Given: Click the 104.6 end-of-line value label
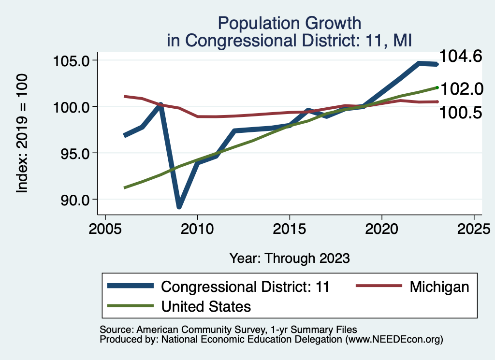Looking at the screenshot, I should pos(460,57).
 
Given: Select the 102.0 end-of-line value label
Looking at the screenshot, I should pos(461,89).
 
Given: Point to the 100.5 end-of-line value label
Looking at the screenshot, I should pos(460,113).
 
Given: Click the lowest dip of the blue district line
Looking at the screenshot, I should pos(179,206).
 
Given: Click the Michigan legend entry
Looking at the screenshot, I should pos(439,287).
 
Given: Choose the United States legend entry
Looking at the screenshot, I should pos(206,306).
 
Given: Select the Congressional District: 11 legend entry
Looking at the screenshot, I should pos(245,287).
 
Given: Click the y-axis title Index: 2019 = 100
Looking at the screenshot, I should pos(22,133).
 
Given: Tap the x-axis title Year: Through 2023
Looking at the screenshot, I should pos(289,258).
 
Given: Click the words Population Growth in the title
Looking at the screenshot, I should pos(289,23).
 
